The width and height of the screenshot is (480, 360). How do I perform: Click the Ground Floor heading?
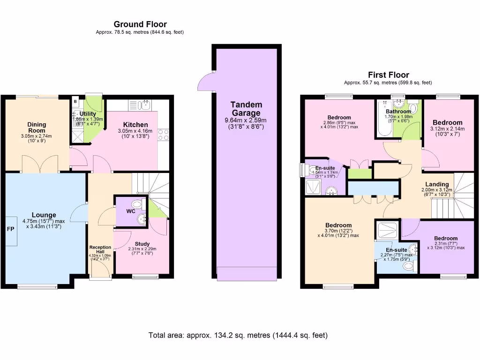140,24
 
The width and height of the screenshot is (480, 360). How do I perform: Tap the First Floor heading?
388,75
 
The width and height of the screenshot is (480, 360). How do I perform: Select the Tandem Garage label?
246,109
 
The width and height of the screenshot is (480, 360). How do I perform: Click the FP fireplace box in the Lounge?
10,230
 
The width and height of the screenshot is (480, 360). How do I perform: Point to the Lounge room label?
44,215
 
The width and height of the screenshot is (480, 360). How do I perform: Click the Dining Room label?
37,127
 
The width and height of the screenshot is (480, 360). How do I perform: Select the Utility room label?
88,114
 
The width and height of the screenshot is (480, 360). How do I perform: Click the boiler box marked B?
75,101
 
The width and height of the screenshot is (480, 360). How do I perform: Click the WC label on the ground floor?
131,211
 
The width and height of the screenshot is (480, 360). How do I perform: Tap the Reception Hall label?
100,249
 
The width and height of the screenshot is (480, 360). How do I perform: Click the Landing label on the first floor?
437,184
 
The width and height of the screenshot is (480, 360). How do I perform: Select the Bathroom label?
398,112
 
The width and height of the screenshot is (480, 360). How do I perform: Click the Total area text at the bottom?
238,335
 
